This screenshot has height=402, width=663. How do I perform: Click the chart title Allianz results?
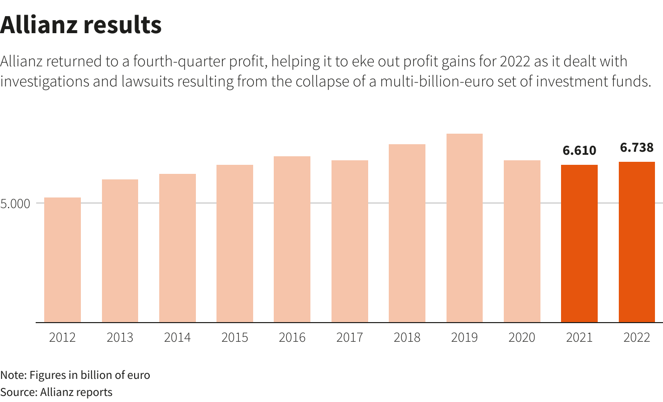(x=81, y=25)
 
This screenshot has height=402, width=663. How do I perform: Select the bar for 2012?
(x=62, y=260)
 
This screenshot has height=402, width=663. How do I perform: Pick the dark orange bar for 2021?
(x=579, y=243)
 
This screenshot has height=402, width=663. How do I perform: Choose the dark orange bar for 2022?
(x=637, y=242)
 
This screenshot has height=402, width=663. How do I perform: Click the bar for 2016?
(x=292, y=239)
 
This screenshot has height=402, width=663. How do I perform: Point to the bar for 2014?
(x=177, y=248)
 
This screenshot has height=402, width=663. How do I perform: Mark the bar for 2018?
(x=407, y=233)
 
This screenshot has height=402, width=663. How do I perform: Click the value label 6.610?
(x=579, y=150)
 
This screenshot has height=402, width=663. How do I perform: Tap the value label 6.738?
(x=637, y=147)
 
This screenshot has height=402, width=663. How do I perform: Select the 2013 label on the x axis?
(x=120, y=337)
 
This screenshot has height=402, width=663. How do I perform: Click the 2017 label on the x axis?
(x=350, y=337)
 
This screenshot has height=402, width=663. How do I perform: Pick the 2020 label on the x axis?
(x=522, y=337)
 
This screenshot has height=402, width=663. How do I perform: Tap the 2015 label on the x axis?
(x=235, y=337)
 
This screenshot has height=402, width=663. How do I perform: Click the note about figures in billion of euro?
(x=75, y=375)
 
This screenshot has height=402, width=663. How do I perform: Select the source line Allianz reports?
(x=56, y=392)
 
